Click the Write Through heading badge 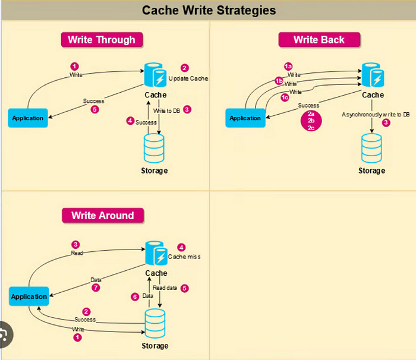click(102, 40)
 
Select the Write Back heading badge click(319, 40)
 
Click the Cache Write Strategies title click(209, 10)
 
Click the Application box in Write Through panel click(28, 118)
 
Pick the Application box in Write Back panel click(245, 118)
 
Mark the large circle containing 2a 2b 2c click(311, 120)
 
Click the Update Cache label click(188, 78)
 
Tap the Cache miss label click(184, 257)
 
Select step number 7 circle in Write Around click(95, 288)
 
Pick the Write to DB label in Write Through click(166, 110)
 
